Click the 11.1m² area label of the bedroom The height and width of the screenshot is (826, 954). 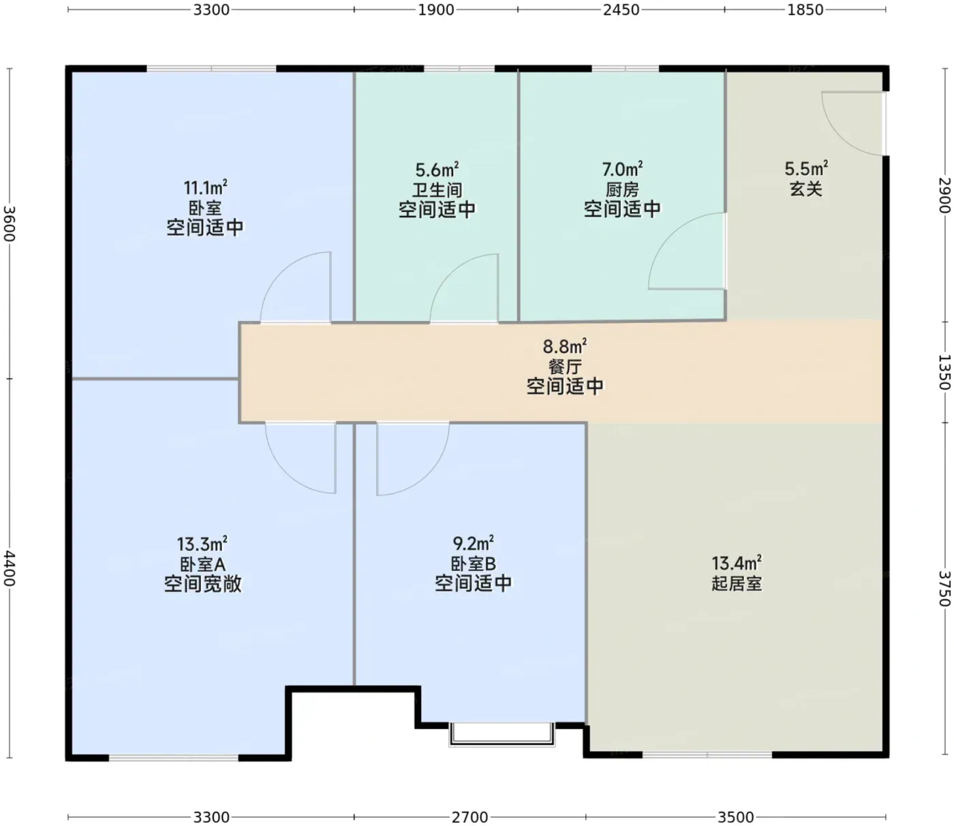tap(205, 188)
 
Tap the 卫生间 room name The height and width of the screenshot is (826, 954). tap(437, 189)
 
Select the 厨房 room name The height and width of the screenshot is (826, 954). tap(622, 189)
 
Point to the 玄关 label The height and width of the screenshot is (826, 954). tap(806, 189)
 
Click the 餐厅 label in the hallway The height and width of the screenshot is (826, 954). tap(565, 367)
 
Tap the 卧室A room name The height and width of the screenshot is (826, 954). tap(202, 564)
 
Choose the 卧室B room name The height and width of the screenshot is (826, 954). tap(473, 564)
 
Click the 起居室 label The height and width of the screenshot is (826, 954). tap(736, 583)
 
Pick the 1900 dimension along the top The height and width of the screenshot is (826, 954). tap(435, 10)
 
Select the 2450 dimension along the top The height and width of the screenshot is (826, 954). tap(621, 10)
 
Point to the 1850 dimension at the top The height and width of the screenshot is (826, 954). tap(805, 10)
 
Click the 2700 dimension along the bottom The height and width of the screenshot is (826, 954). tap(470, 817)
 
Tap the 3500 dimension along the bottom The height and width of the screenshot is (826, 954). tap(735, 817)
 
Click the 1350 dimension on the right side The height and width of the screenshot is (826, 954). tap(944, 372)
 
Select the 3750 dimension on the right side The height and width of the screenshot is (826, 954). tap(944, 589)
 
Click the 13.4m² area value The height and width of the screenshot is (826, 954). tap(736, 564)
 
